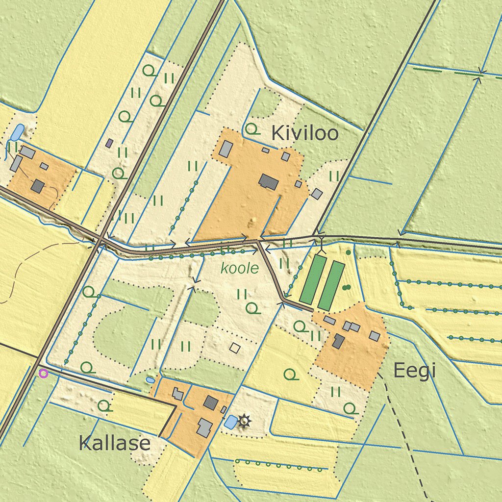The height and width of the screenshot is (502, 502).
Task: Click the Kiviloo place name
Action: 304,133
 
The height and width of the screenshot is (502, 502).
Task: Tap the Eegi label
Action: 414,372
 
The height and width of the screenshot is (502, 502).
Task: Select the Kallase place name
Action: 114,443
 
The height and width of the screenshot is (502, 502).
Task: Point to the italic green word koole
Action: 239,268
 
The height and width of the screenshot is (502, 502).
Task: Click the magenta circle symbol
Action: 43,374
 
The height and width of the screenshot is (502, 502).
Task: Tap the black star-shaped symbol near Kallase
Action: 244,420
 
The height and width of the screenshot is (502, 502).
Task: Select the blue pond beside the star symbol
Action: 229,422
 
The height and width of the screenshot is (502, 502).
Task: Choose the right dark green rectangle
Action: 331,285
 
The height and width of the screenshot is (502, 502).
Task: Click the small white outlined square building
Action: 235,348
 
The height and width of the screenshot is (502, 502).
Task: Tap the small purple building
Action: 109,143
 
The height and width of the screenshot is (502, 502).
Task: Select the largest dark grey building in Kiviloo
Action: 268,182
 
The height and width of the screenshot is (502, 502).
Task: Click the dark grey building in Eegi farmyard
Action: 338,341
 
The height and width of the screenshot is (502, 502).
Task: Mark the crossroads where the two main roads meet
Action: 100,239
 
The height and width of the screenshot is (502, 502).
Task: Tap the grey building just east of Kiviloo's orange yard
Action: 317,194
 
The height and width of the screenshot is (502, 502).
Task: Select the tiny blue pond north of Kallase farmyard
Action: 150,380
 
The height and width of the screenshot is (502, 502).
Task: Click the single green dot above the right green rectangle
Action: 348,252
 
